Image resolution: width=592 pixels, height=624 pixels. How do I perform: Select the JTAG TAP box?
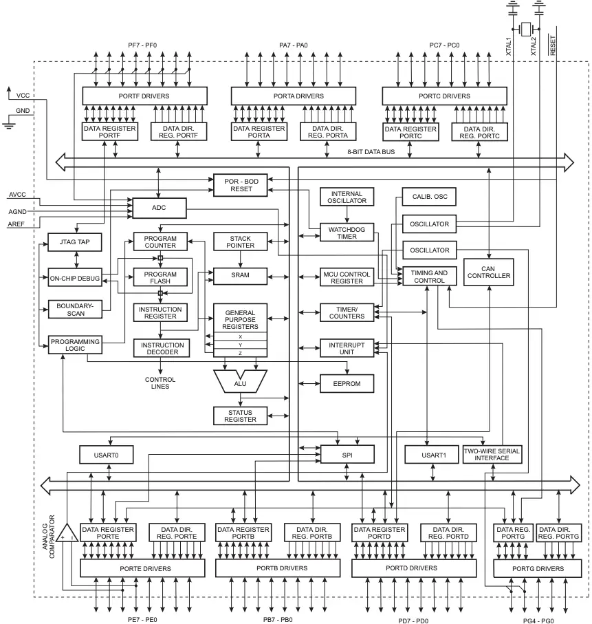[75, 242]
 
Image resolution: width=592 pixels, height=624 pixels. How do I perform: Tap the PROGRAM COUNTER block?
[160, 241]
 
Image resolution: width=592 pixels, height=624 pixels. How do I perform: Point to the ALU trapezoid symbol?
[240, 383]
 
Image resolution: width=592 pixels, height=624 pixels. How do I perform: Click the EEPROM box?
[347, 383]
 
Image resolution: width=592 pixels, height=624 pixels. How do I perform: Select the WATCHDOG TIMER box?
[347, 232]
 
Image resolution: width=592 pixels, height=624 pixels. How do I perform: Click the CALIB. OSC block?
[430, 197]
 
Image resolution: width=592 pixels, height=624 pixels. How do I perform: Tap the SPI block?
[347, 454]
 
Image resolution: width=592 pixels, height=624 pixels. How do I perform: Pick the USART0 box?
[107, 454]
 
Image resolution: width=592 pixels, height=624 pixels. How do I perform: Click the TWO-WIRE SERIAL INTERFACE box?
[492, 454]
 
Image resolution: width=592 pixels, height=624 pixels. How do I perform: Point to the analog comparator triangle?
[67, 532]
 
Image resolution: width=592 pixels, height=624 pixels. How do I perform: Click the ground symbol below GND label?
[9, 124]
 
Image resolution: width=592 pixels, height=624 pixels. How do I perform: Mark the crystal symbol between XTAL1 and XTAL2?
[527, 29]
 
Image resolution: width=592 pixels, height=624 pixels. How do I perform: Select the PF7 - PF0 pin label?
[142, 45]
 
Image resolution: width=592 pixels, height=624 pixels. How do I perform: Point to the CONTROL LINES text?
[160, 383]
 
